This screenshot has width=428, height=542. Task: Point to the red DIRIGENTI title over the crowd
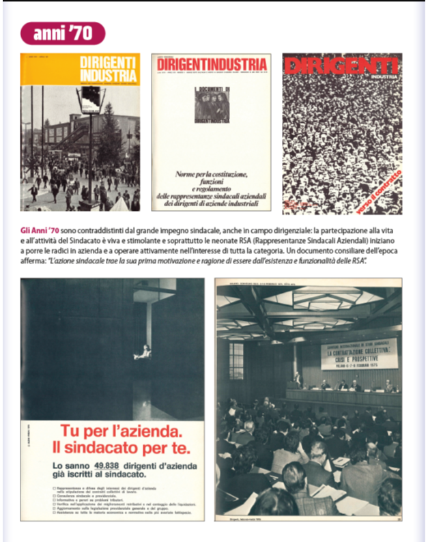(341, 66)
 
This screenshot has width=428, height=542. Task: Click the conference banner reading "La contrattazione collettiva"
(359, 354)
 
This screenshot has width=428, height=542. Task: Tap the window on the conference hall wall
(236, 360)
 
